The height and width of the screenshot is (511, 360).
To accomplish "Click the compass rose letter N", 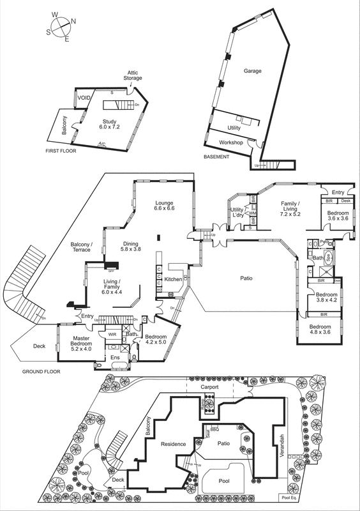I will pyautogui.click(x=73, y=20).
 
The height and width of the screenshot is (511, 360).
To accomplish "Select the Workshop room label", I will pyautogui.click(x=231, y=142).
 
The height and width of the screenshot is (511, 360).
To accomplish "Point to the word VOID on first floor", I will pyautogui.click(x=84, y=97).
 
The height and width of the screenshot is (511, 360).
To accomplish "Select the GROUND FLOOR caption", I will pyautogui.click(x=41, y=371).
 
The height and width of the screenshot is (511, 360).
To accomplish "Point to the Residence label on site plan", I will pyautogui.click(x=173, y=444).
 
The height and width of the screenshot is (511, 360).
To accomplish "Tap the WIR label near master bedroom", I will pyautogui.click(x=112, y=333).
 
